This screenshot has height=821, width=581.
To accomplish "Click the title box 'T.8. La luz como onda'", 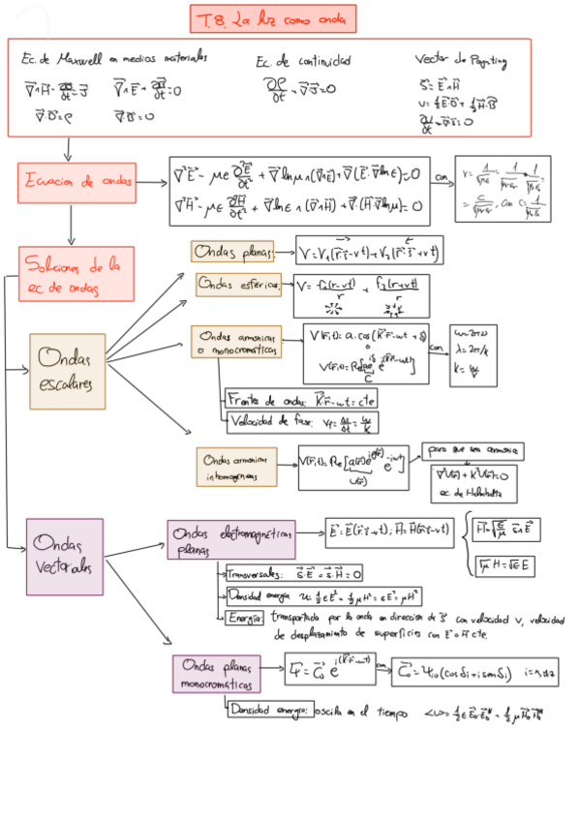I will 274,18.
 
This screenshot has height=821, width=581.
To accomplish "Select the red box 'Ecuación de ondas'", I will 76,181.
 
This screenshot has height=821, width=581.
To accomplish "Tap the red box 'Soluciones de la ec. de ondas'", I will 76,274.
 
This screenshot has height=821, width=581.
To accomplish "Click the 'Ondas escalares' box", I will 67,371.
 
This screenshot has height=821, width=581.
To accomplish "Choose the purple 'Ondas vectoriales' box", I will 65,557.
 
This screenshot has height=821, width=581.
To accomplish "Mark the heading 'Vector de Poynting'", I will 461,61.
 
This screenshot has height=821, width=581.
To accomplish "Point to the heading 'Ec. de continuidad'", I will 303,61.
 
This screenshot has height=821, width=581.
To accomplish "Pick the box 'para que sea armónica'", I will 472,450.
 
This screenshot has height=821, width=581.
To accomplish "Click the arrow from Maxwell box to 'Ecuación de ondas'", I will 70,149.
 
